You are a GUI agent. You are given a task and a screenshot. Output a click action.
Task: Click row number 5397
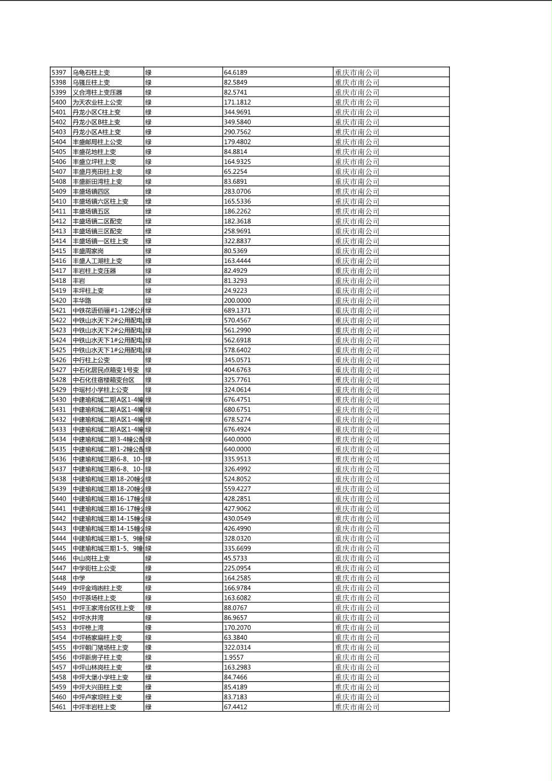coord(59,72)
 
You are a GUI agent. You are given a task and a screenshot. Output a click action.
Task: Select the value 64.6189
coord(236,72)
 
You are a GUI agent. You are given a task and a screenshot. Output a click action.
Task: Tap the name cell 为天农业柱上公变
coord(97,102)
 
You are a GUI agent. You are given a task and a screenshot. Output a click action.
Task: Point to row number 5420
coord(59,300)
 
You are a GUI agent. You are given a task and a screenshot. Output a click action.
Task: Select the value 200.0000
coord(238,300)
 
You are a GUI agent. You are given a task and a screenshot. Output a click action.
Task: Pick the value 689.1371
coord(238,310)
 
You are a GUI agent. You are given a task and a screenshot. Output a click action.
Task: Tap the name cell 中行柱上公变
coord(91,360)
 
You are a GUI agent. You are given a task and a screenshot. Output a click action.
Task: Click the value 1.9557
coord(234,657)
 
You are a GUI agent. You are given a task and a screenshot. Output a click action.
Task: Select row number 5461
coord(59,707)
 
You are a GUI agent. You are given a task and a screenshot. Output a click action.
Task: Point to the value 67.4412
coord(236,707)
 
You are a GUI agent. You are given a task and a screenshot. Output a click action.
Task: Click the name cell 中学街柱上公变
coord(94,568)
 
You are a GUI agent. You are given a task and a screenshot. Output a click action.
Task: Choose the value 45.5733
coord(236,558)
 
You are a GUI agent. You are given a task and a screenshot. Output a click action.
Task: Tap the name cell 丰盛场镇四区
coord(91,191)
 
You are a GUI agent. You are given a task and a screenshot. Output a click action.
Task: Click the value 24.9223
coord(236,290)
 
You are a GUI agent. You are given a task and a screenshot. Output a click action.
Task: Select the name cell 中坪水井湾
coord(88,618)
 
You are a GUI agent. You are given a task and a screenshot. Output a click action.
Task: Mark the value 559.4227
coord(238,489)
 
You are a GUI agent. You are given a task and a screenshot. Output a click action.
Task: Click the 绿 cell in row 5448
coord(149,578)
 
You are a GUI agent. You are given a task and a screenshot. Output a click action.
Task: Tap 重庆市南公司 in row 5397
coord(357,72)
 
